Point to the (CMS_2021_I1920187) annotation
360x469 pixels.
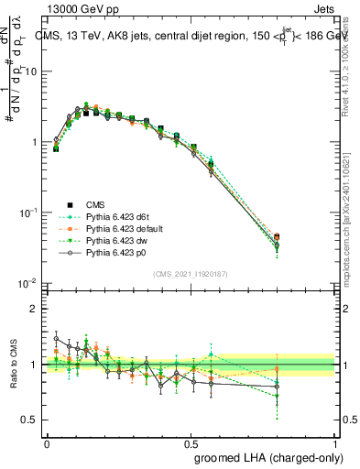point(191,273)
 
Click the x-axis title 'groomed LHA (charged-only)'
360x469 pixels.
point(264,456)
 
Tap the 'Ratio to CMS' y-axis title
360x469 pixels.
point(12,365)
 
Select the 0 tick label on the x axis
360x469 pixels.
point(47,442)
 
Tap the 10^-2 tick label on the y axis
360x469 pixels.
point(27,283)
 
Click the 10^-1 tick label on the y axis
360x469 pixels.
point(27,213)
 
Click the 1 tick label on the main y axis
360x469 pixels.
point(34,142)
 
